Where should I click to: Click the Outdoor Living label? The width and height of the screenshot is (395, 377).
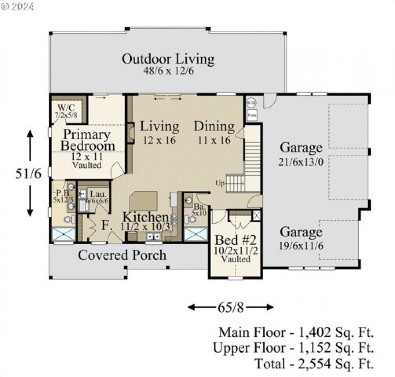[168, 59]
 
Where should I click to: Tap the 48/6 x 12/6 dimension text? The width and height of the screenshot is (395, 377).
[168, 71]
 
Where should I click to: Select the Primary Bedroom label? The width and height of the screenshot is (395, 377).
[87, 140]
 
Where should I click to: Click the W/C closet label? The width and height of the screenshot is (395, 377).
[66, 107]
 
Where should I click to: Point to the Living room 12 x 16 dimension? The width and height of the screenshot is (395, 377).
[159, 140]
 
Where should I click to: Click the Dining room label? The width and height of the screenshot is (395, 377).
[214, 126]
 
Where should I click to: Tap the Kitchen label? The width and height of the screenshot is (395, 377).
[145, 217]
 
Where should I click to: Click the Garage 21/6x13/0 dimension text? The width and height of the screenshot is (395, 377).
[301, 162]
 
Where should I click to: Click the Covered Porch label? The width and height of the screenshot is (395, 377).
[122, 255]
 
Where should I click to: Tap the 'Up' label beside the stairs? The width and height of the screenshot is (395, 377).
[220, 183]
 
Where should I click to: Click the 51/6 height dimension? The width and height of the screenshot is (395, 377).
[29, 174]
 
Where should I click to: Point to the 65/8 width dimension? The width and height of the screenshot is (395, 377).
[231, 308]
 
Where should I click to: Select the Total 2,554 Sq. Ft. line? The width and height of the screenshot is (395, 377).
[314, 364]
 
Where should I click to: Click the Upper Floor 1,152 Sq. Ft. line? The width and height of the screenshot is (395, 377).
[293, 348]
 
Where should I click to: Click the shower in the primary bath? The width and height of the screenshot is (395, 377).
[64, 234]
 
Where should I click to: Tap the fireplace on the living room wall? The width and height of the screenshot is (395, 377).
[131, 133]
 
